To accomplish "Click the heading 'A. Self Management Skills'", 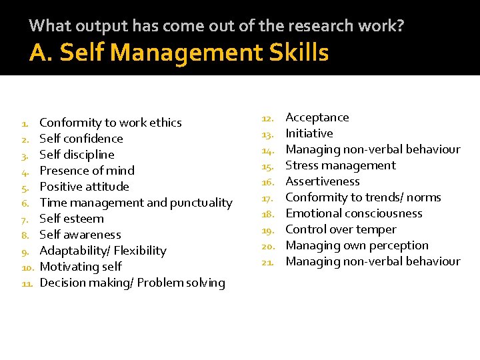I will [179, 52].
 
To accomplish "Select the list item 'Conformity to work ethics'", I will [111, 123].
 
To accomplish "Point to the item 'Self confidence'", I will [81, 139].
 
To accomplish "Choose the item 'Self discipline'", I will [77, 155].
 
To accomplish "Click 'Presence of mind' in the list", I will [87, 171].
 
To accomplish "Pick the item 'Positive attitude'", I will [85, 187].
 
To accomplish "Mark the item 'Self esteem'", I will [72, 219].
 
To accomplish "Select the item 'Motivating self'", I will [81, 267].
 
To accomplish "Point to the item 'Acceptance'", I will [317, 117].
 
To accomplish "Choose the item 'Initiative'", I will [309, 133].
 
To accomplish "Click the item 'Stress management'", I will [341, 165].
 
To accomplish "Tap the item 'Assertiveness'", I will [323, 181].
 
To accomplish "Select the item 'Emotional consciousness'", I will [354, 213].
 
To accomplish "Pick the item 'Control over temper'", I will [341, 229].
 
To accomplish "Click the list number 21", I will [268, 262].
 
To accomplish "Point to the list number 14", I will [268, 150].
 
